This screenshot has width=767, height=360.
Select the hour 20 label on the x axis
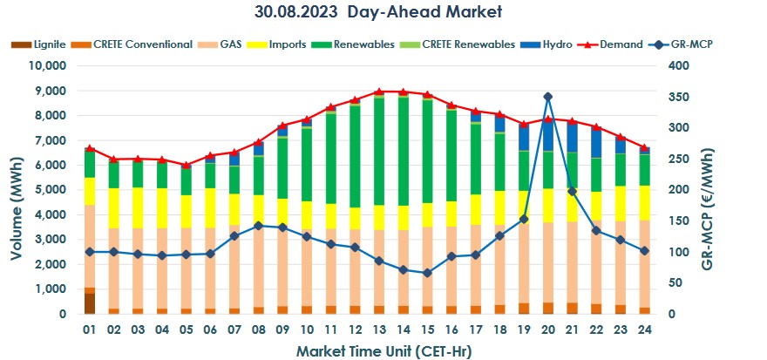tap(547, 330)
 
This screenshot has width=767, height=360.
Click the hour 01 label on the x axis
tap(89, 330)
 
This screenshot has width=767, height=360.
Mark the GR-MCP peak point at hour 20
tap(547, 97)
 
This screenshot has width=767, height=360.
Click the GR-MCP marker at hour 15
tap(427, 273)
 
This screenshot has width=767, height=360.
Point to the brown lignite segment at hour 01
tap(90, 302)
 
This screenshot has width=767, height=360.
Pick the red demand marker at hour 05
tap(186, 165)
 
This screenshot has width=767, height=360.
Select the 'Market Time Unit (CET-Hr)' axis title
tap(383, 350)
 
